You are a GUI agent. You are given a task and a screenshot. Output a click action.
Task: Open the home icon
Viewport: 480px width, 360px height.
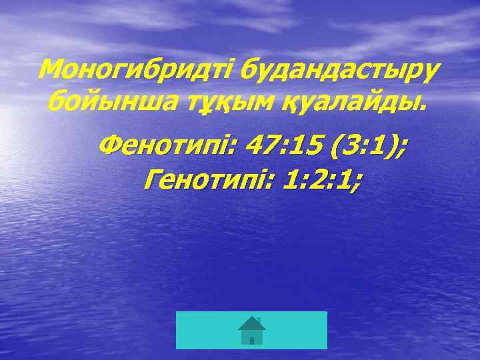(x=251, y=330)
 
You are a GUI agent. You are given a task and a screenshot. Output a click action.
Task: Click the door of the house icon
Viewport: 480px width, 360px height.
(x=251, y=340)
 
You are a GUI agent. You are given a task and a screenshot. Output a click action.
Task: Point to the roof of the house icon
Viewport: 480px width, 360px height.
(x=251, y=323)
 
